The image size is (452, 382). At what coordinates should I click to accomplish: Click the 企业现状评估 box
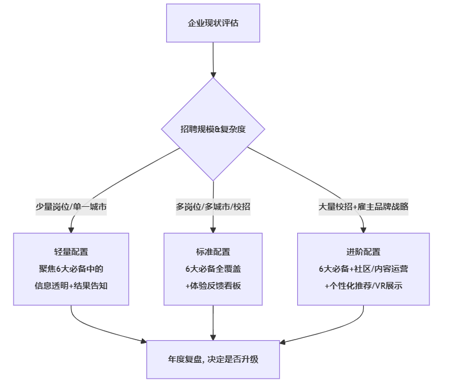pos(213,23)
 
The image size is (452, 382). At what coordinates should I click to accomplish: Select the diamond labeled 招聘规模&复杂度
pos(213,129)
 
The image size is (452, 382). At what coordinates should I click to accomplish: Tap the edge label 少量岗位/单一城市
pos(71,207)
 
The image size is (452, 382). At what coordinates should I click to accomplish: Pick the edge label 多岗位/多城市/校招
pos(213,207)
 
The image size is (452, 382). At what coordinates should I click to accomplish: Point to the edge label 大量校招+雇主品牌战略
pos(363,207)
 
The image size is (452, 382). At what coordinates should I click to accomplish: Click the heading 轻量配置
pos(71,252)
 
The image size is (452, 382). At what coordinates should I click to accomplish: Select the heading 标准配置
pos(213,252)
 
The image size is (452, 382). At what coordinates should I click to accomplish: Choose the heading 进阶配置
pos(363,252)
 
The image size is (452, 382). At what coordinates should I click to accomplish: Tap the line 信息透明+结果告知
pos(71,286)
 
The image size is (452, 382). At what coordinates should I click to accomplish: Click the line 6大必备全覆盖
pos(213,269)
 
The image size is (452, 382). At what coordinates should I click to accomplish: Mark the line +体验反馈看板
pos(213,286)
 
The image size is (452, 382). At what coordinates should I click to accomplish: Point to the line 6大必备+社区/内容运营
pos(363,269)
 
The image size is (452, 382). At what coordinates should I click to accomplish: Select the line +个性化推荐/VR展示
pos(363,286)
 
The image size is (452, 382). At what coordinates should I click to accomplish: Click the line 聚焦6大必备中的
pos(71,269)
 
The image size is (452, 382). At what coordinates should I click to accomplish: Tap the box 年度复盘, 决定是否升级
pos(213,359)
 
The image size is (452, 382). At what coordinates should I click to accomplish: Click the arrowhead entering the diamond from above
pos(213,73)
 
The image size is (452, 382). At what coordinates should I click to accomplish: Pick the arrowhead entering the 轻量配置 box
pos(71,229)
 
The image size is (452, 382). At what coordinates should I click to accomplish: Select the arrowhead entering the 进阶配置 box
pos(363,229)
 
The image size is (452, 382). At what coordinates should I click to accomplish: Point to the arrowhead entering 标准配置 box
pos(213,229)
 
